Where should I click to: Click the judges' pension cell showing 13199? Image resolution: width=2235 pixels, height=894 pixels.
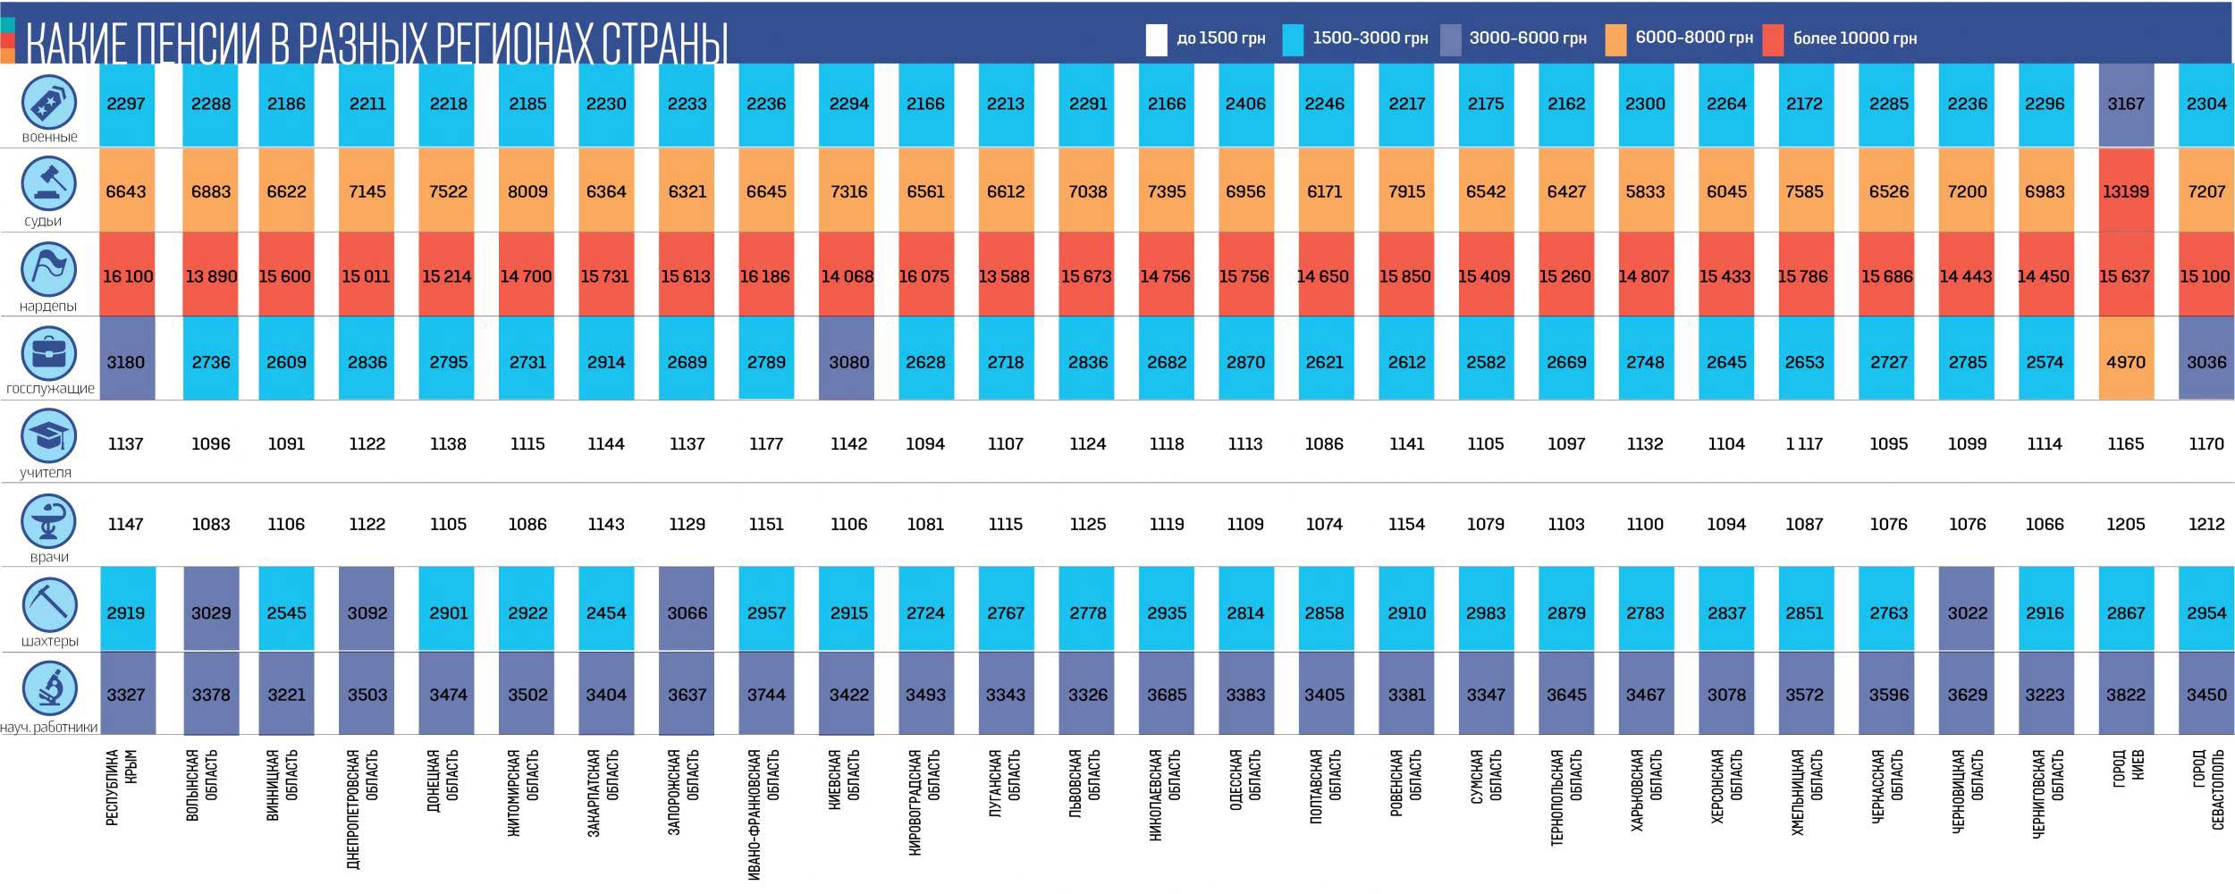coord(2125,191)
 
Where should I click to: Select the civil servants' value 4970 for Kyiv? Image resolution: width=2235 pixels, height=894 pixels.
coord(2125,362)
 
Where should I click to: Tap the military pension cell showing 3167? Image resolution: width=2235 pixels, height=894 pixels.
coord(2125,104)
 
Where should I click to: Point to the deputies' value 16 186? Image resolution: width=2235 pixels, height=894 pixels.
coord(765,276)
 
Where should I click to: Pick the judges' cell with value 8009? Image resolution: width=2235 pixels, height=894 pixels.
coord(527,191)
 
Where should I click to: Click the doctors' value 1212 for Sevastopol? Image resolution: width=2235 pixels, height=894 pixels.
coord(2205,524)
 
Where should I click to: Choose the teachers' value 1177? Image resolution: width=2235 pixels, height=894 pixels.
coord(766,443)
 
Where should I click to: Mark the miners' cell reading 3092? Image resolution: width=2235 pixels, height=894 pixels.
coord(367,613)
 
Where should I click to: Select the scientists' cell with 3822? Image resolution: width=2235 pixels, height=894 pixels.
coord(2125,695)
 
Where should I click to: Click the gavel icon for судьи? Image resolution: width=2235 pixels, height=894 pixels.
coord(49,184)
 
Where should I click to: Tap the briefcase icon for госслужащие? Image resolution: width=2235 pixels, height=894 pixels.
coord(49,353)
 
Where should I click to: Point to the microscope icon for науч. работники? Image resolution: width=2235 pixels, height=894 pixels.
coord(49,688)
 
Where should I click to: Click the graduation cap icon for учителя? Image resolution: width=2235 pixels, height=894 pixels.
coord(49,436)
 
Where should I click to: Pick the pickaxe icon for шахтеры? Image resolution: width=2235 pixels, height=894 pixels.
coord(49,604)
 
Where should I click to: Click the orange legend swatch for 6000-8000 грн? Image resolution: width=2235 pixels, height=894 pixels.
coord(1615,39)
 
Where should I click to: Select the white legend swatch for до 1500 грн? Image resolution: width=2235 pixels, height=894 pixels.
coord(1156,39)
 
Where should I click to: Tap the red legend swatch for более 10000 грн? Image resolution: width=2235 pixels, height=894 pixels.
coord(1772,39)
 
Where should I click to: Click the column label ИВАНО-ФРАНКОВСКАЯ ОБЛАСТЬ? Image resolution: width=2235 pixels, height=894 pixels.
coord(764,814)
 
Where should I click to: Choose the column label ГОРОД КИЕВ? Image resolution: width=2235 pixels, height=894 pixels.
coord(2128,778)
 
